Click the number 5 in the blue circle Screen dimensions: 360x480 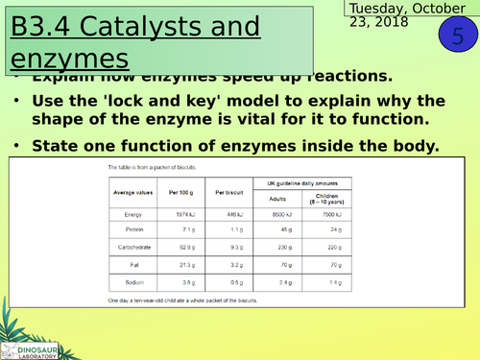click(x=454, y=36)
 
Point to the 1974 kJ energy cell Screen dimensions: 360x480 click(x=190, y=214)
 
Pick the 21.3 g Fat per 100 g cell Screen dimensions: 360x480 click(x=190, y=265)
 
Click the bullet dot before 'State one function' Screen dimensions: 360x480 click(x=20, y=146)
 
